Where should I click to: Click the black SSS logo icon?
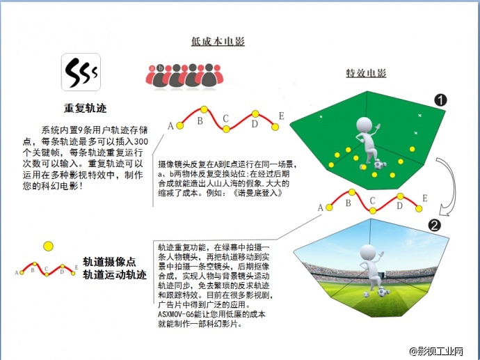coord(81,72)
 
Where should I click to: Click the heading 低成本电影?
coord(217,42)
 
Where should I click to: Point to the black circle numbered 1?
coord(440,100)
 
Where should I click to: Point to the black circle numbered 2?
coord(435,226)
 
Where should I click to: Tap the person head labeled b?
coord(163,67)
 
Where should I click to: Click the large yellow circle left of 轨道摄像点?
coord(48,245)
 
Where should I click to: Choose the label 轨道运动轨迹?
coord(115,275)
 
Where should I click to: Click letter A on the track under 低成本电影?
coord(170,126)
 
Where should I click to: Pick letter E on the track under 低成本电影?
coord(281,116)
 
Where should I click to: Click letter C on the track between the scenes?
coord(372,201)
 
